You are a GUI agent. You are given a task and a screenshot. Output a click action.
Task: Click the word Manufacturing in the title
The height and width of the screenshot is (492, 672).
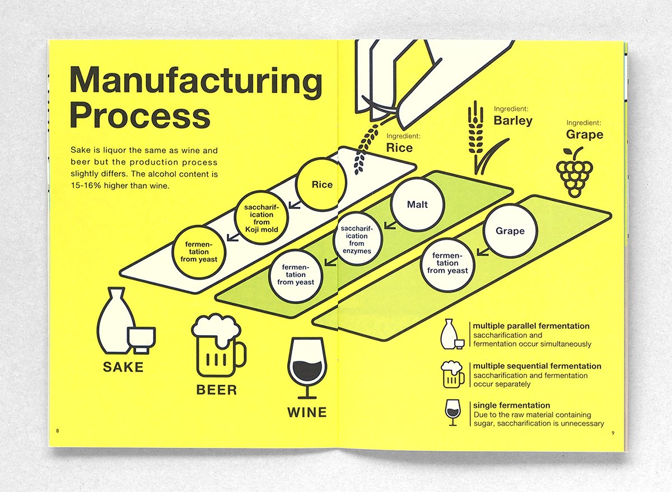196,81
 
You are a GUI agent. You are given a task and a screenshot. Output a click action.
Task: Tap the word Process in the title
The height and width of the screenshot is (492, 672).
140,116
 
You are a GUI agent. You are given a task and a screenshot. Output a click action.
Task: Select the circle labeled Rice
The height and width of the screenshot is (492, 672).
322,184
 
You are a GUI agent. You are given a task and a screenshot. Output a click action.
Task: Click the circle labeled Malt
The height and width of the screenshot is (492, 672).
417,205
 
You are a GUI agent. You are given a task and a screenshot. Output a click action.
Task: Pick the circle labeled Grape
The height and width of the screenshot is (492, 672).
510,231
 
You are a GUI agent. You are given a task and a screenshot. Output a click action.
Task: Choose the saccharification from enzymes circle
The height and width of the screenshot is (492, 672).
358,240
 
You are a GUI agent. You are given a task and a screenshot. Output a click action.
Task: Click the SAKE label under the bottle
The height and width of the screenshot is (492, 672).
123,368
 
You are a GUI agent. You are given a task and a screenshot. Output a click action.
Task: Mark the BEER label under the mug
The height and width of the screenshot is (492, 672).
216,390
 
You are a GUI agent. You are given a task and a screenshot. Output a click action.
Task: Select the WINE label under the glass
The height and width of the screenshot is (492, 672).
307,412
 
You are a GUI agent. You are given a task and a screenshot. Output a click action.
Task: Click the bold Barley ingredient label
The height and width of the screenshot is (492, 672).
513,120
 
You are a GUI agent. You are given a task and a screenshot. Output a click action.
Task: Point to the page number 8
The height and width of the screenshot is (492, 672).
57,431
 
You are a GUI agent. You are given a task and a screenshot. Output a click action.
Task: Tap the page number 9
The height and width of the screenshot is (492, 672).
613,432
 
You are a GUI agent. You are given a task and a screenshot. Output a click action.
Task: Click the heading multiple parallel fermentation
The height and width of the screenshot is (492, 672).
531,326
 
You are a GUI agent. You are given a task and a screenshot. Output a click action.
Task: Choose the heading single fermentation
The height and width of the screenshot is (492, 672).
511,405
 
